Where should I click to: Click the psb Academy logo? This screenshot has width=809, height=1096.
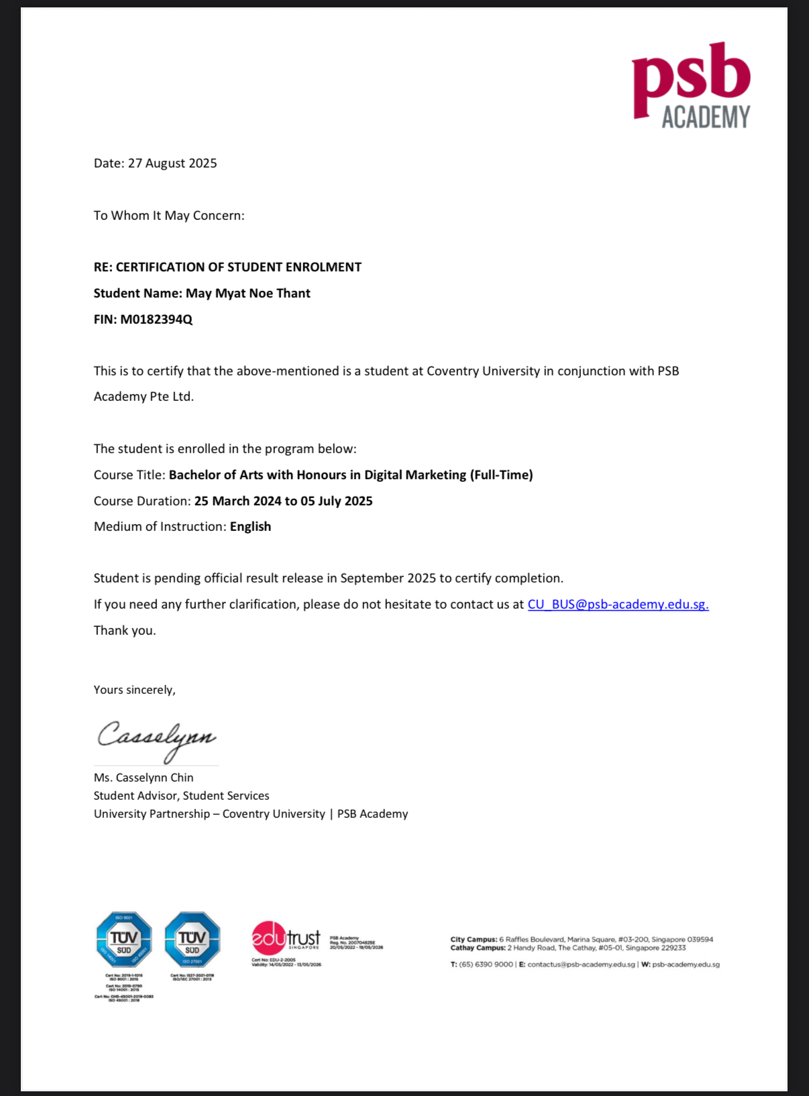pyautogui.click(x=691, y=86)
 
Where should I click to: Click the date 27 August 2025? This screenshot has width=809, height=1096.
pyautogui.click(x=172, y=164)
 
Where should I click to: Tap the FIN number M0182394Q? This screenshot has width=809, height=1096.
pyautogui.click(x=156, y=320)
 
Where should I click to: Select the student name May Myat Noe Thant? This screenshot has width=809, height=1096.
pyautogui.click(x=248, y=294)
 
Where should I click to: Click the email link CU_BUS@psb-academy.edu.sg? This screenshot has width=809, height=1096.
pyautogui.click(x=618, y=605)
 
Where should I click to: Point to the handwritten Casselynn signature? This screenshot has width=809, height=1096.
pyautogui.click(x=156, y=738)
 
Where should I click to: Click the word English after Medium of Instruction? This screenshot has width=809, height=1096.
pyautogui.click(x=250, y=527)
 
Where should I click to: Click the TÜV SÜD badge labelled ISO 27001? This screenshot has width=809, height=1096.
pyautogui.click(x=193, y=940)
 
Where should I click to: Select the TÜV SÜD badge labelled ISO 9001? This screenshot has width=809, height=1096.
pyautogui.click(x=124, y=940)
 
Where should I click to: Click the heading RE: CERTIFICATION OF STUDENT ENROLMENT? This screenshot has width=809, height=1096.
pyautogui.click(x=227, y=267)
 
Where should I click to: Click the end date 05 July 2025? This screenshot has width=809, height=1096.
pyautogui.click(x=337, y=501)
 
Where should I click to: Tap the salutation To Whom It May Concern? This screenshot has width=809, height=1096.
pyautogui.click(x=169, y=216)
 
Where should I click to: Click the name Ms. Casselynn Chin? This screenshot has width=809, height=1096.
pyautogui.click(x=144, y=778)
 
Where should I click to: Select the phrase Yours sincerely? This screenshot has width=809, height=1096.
pyautogui.click(x=134, y=690)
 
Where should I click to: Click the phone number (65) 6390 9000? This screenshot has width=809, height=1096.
pyautogui.click(x=486, y=965)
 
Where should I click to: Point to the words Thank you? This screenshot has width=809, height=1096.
pyautogui.click(x=125, y=631)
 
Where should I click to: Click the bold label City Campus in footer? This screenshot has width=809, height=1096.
pyautogui.click(x=474, y=940)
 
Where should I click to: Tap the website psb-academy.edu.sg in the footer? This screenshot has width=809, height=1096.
pyautogui.click(x=686, y=965)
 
